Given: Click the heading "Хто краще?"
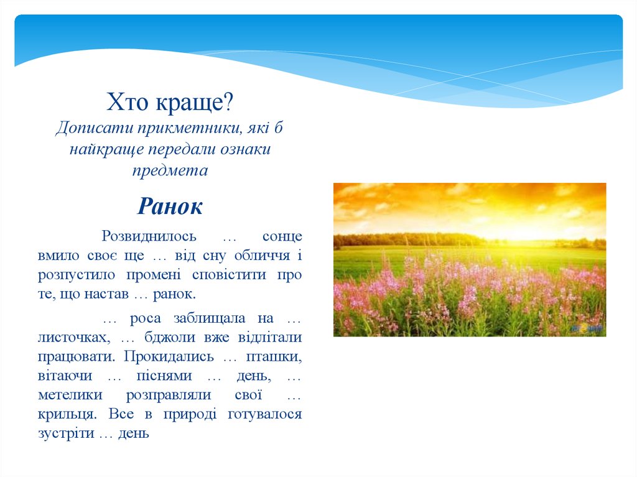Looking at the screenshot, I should click(x=170, y=102).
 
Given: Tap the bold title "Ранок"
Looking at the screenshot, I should click(x=170, y=206).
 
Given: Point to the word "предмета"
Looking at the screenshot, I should click(x=170, y=170).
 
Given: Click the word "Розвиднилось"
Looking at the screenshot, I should click(x=149, y=236).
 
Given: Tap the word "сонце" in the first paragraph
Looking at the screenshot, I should click(x=282, y=236).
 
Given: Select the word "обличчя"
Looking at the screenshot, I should click(x=262, y=256).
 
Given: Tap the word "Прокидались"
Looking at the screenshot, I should click(x=169, y=357).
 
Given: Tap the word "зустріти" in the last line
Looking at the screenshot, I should click(x=65, y=433).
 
